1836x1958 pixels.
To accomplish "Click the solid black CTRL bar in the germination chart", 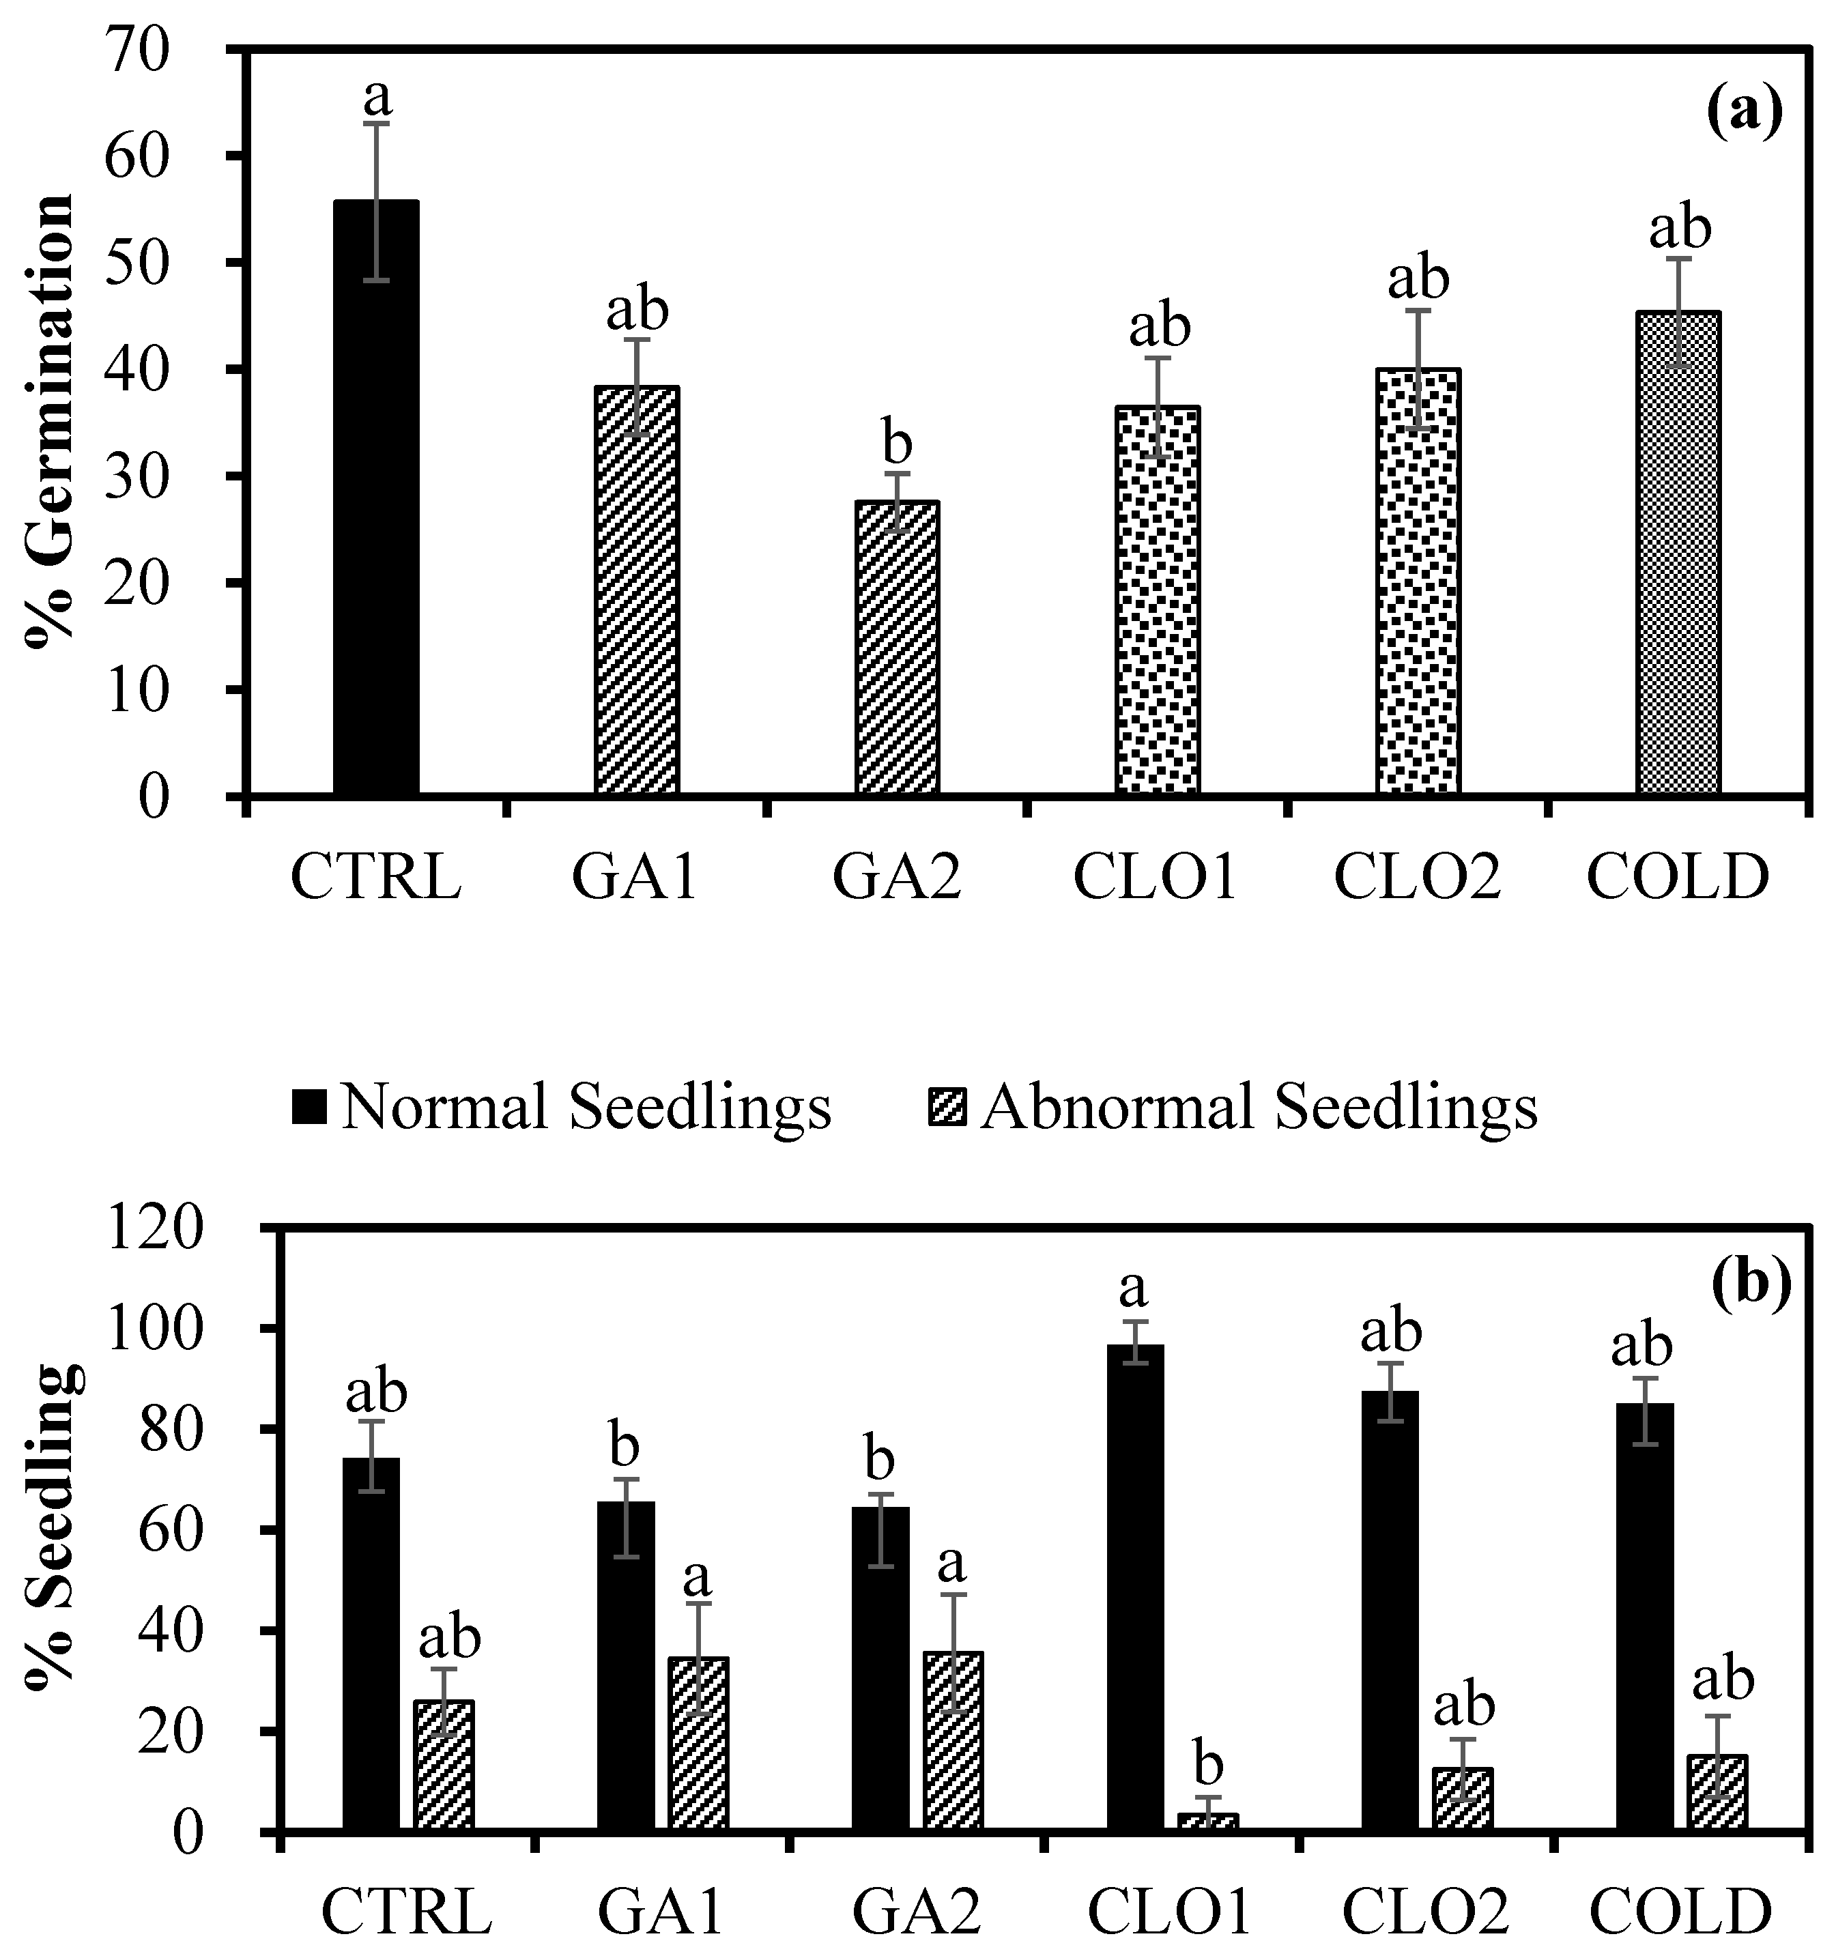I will [376, 498].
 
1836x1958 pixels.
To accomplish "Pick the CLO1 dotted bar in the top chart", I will [1158, 600].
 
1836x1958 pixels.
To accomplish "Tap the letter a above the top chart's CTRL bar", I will [377, 96].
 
